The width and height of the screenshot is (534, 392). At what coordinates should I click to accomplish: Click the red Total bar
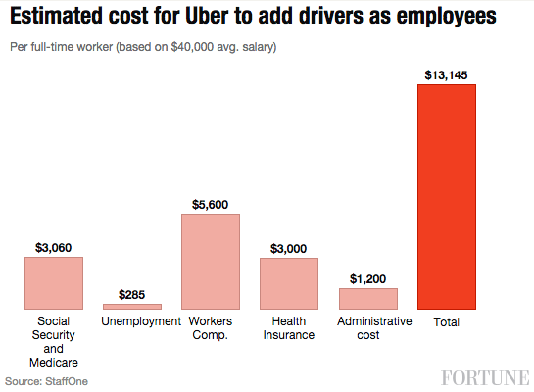pyautogui.click(x=446, y=197)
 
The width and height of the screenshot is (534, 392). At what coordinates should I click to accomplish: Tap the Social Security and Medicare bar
pyautogui.click(x=54, y=283)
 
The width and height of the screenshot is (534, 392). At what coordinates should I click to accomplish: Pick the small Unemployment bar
pyautogui.click(x=132, y=307)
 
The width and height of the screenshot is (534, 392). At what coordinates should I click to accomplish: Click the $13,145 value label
pyautogui.click(x=446, y=75)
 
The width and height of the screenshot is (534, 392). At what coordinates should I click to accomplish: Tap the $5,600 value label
pyautogui.click(x=211, y=204)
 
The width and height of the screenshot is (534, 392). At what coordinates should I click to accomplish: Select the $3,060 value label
pyautogui.click(x=54, y=248)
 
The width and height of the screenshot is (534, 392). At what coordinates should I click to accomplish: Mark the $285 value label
pyautogui.click(x=132, y=294)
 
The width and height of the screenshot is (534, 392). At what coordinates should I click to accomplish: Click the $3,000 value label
pyautogui.click(x=289, y=249)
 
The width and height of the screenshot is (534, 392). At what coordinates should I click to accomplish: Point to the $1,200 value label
pyautogui.click(x=367, y=278)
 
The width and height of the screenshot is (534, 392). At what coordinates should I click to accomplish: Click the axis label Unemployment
pyautogui.click(x=141, y=321)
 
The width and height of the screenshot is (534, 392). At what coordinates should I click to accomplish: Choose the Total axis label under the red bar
pyautogui.click(x=446, y=321)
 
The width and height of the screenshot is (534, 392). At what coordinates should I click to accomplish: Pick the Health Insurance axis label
pyautogui.click(x=289, y=327)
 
